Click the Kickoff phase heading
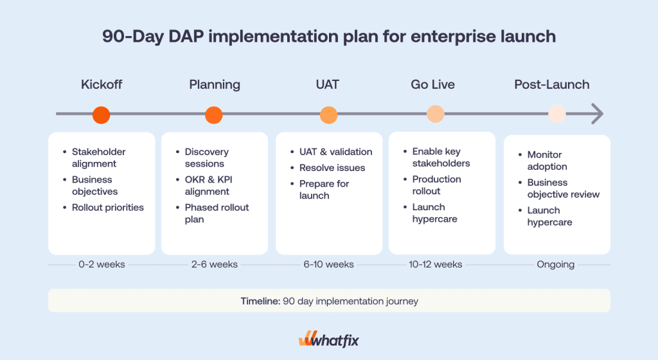(102, 85)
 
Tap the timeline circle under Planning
(214, 115)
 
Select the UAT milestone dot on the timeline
(328, 115)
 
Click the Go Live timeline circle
(436, 114)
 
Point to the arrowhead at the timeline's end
(598, 114)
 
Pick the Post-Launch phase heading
(551, 85)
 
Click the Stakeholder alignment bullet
(99, 157)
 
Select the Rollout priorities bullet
(107, 208)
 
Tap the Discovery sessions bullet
(206, 157)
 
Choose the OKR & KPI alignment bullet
(207, 185)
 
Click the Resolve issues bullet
(332, 168)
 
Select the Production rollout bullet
(436, 185)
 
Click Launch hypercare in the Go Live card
(434, 213)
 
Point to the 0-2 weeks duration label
(102, 264)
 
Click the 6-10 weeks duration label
(328, 264)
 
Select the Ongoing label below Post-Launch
(555, 264)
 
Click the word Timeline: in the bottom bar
(260, 301)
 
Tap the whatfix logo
(328, 339)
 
